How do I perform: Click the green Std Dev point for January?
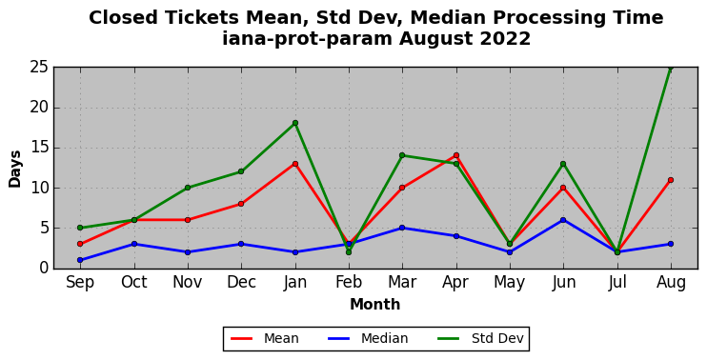click(294, 123)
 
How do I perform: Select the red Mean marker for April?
click(456, 155)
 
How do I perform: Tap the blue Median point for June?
click(563, 220)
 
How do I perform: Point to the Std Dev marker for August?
click(671, 68)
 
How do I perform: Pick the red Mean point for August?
click(671, 180)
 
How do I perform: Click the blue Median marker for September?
click(80, 260)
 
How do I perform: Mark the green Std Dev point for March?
click(402, 155)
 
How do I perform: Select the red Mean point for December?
click(241, 204)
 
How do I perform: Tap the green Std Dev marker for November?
click(188, 188)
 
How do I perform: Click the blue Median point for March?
click(402, 228)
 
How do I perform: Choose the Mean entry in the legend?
click(265, 338)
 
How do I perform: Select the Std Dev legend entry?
click(480, 338)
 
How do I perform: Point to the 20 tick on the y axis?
click(39, 108)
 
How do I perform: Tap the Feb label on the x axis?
click(349, 283)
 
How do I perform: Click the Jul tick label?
click(617, 283)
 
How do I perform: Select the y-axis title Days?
click(15, 169)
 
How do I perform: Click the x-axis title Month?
click(374, 304)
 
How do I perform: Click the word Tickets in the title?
click(202, 18)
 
